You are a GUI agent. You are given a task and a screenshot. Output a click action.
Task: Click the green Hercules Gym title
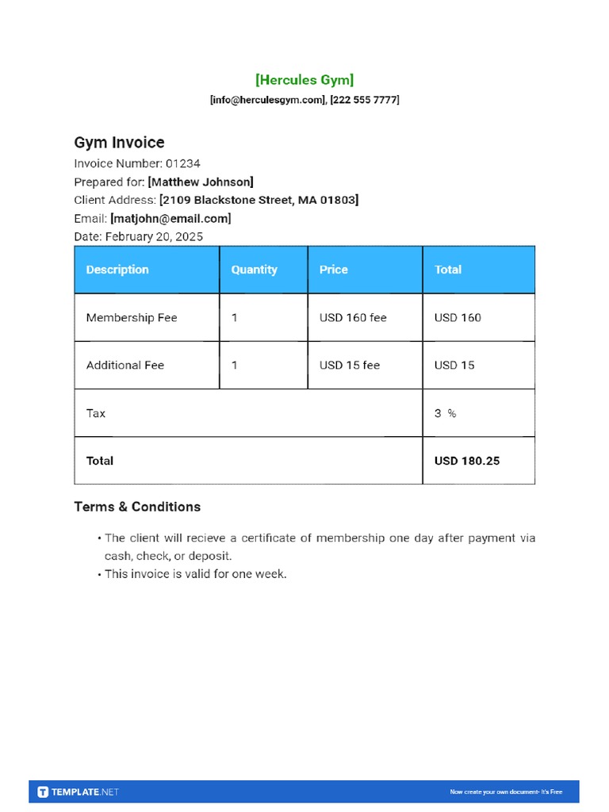304,79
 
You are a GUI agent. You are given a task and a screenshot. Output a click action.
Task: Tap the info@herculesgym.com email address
268,100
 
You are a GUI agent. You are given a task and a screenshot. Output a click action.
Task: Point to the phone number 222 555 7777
365,100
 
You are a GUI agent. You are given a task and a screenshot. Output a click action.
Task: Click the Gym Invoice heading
119,143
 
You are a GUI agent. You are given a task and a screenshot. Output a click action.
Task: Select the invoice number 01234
183,163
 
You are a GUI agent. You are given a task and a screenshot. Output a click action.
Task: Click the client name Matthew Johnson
201,182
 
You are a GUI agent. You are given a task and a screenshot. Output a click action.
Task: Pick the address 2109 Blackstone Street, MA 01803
259,200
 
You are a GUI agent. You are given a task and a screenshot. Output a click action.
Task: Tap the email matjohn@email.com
170,218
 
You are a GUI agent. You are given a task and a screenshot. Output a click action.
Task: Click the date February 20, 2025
154,236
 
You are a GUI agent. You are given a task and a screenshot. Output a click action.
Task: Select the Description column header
117,270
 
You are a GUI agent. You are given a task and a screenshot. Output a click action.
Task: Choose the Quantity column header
254,270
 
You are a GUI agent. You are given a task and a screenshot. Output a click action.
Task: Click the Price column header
334,270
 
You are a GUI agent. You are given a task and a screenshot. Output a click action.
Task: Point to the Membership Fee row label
132,318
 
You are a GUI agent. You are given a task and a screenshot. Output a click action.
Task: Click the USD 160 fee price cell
353,318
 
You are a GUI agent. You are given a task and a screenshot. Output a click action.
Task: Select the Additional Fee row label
125,366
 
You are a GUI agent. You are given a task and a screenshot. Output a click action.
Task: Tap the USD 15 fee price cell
350,366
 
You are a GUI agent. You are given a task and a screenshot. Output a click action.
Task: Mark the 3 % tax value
445,413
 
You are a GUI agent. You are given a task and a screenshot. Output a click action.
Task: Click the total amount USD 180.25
467,461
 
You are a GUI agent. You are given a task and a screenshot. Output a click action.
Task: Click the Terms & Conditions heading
137,507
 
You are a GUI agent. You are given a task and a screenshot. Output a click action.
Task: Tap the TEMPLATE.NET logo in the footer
79,791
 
